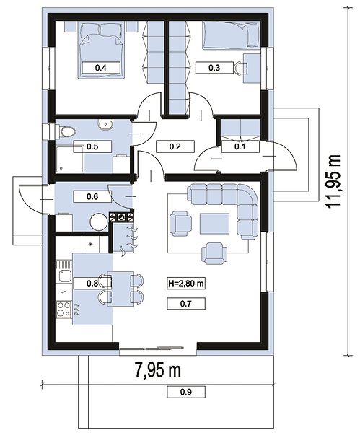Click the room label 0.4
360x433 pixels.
101,68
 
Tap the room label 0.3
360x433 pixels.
214,68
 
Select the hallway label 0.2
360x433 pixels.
175,146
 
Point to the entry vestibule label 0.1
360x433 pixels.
240,146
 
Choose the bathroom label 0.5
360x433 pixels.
92,146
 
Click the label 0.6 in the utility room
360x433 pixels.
92,196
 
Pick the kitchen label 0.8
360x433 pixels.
92,284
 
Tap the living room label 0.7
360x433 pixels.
186,304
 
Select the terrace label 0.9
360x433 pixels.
186,392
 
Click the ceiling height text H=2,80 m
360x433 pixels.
186,284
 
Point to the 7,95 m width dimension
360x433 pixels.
158,369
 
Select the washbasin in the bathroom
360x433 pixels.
105,125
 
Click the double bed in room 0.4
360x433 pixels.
101,51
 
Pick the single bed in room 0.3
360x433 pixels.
232,36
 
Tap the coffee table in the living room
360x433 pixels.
215,224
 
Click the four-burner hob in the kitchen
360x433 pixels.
63,310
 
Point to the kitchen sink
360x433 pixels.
64,272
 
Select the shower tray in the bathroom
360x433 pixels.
69,159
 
